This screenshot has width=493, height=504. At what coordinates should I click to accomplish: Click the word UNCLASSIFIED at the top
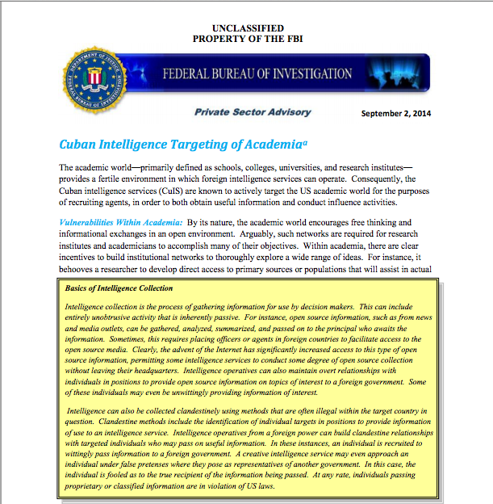click(x=246, y=27)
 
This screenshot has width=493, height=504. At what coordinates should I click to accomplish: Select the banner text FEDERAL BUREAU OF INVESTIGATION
click(x=257, y=74)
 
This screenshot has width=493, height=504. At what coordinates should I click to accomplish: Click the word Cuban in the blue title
click(x=80, y=145)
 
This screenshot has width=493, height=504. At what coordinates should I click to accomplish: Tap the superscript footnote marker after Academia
click(x=305, y=141)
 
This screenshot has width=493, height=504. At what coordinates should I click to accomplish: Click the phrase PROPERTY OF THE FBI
click(x=246, y=39)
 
